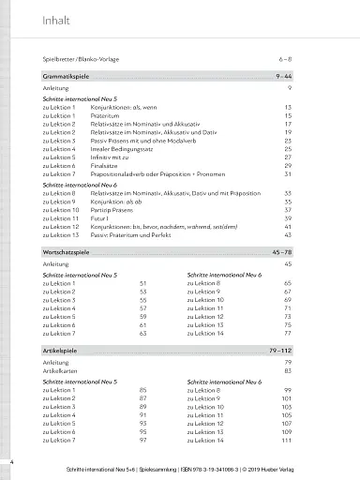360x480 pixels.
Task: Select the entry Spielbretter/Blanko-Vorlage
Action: pyautogui.click(x=82, y=57)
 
